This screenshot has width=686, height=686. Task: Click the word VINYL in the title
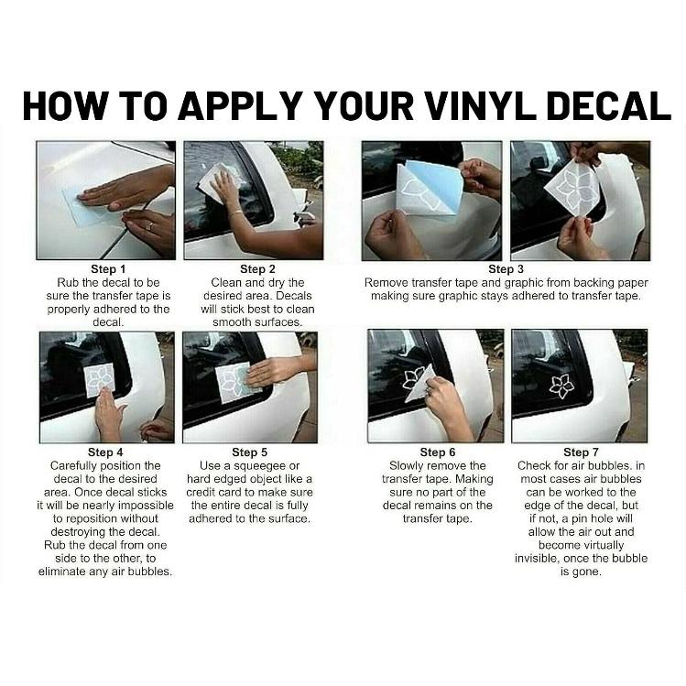(480, 106)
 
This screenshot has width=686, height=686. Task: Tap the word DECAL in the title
(608, 106)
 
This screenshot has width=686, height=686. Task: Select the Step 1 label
(108, 269)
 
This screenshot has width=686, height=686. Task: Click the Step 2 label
(257, 269)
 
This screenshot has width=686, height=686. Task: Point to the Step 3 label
(506, 269)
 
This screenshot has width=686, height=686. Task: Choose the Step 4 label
(105, 452)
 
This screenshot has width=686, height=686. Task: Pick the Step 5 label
(249, 452)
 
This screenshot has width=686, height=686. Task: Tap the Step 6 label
(438, 452)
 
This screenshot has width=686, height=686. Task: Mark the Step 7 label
(581, 452)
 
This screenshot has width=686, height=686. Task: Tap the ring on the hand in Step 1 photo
(149, 225)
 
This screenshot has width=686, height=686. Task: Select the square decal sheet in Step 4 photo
(99, 380)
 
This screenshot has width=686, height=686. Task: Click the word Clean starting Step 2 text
(226, 283)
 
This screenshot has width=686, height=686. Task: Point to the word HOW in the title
(65, 106)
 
